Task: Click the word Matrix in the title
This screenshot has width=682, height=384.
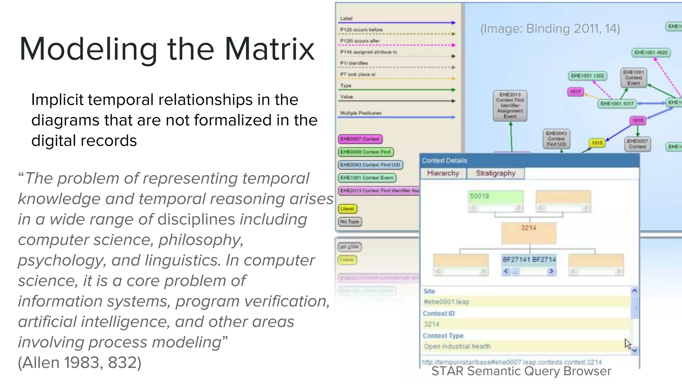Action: coord(270,49)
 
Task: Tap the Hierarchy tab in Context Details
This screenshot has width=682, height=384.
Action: coord(443,173)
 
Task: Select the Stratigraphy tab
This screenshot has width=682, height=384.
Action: coord(495,173)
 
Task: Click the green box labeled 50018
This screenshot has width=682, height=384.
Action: coord(496,196)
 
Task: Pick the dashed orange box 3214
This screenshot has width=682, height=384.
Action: coord(528,232)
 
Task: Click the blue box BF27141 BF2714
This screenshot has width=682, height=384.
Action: coord(529,260)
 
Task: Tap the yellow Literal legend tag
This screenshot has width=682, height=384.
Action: coord(347,209)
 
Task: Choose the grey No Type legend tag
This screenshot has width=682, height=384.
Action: coord(350,222)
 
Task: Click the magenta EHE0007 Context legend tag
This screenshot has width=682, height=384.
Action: coord(360,139)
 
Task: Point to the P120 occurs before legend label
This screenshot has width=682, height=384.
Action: coord(361,30)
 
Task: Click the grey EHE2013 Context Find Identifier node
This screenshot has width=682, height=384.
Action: coord(510,105)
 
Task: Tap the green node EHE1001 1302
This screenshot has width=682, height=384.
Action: coord(587,76)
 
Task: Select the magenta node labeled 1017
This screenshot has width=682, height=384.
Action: coord(575,91)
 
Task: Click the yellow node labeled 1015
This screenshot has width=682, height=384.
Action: coord(597,143)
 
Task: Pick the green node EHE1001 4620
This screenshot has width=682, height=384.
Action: coord(651,52)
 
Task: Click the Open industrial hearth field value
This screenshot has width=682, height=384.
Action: coord(457,346)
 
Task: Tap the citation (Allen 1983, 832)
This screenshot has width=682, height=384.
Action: coord(80,363)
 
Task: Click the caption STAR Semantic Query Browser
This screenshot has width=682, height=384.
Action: coord(521,371)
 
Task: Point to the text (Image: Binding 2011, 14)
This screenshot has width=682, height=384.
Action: coord(550,29)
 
